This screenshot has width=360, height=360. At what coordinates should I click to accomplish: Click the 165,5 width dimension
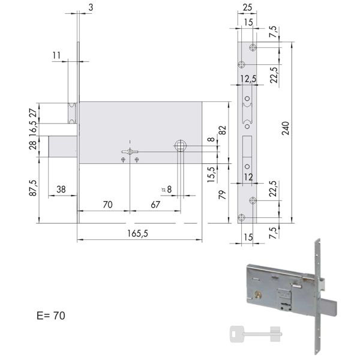[138, 234]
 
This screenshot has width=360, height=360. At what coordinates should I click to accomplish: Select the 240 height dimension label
[286, 128]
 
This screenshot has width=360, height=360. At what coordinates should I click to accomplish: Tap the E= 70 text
[51, 316]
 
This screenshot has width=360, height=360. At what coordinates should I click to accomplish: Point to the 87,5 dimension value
[33, 188]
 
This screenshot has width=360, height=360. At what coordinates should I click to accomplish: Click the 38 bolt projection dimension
[61, 190]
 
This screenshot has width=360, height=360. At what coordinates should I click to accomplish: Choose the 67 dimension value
[155, 205]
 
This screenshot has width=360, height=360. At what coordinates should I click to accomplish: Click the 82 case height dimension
[223, 130]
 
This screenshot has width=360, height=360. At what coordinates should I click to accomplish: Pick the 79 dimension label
[223, 194]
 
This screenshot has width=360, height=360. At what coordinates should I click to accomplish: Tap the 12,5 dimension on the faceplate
[248, 79]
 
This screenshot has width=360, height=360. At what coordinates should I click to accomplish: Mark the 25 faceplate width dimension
[247, 7]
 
